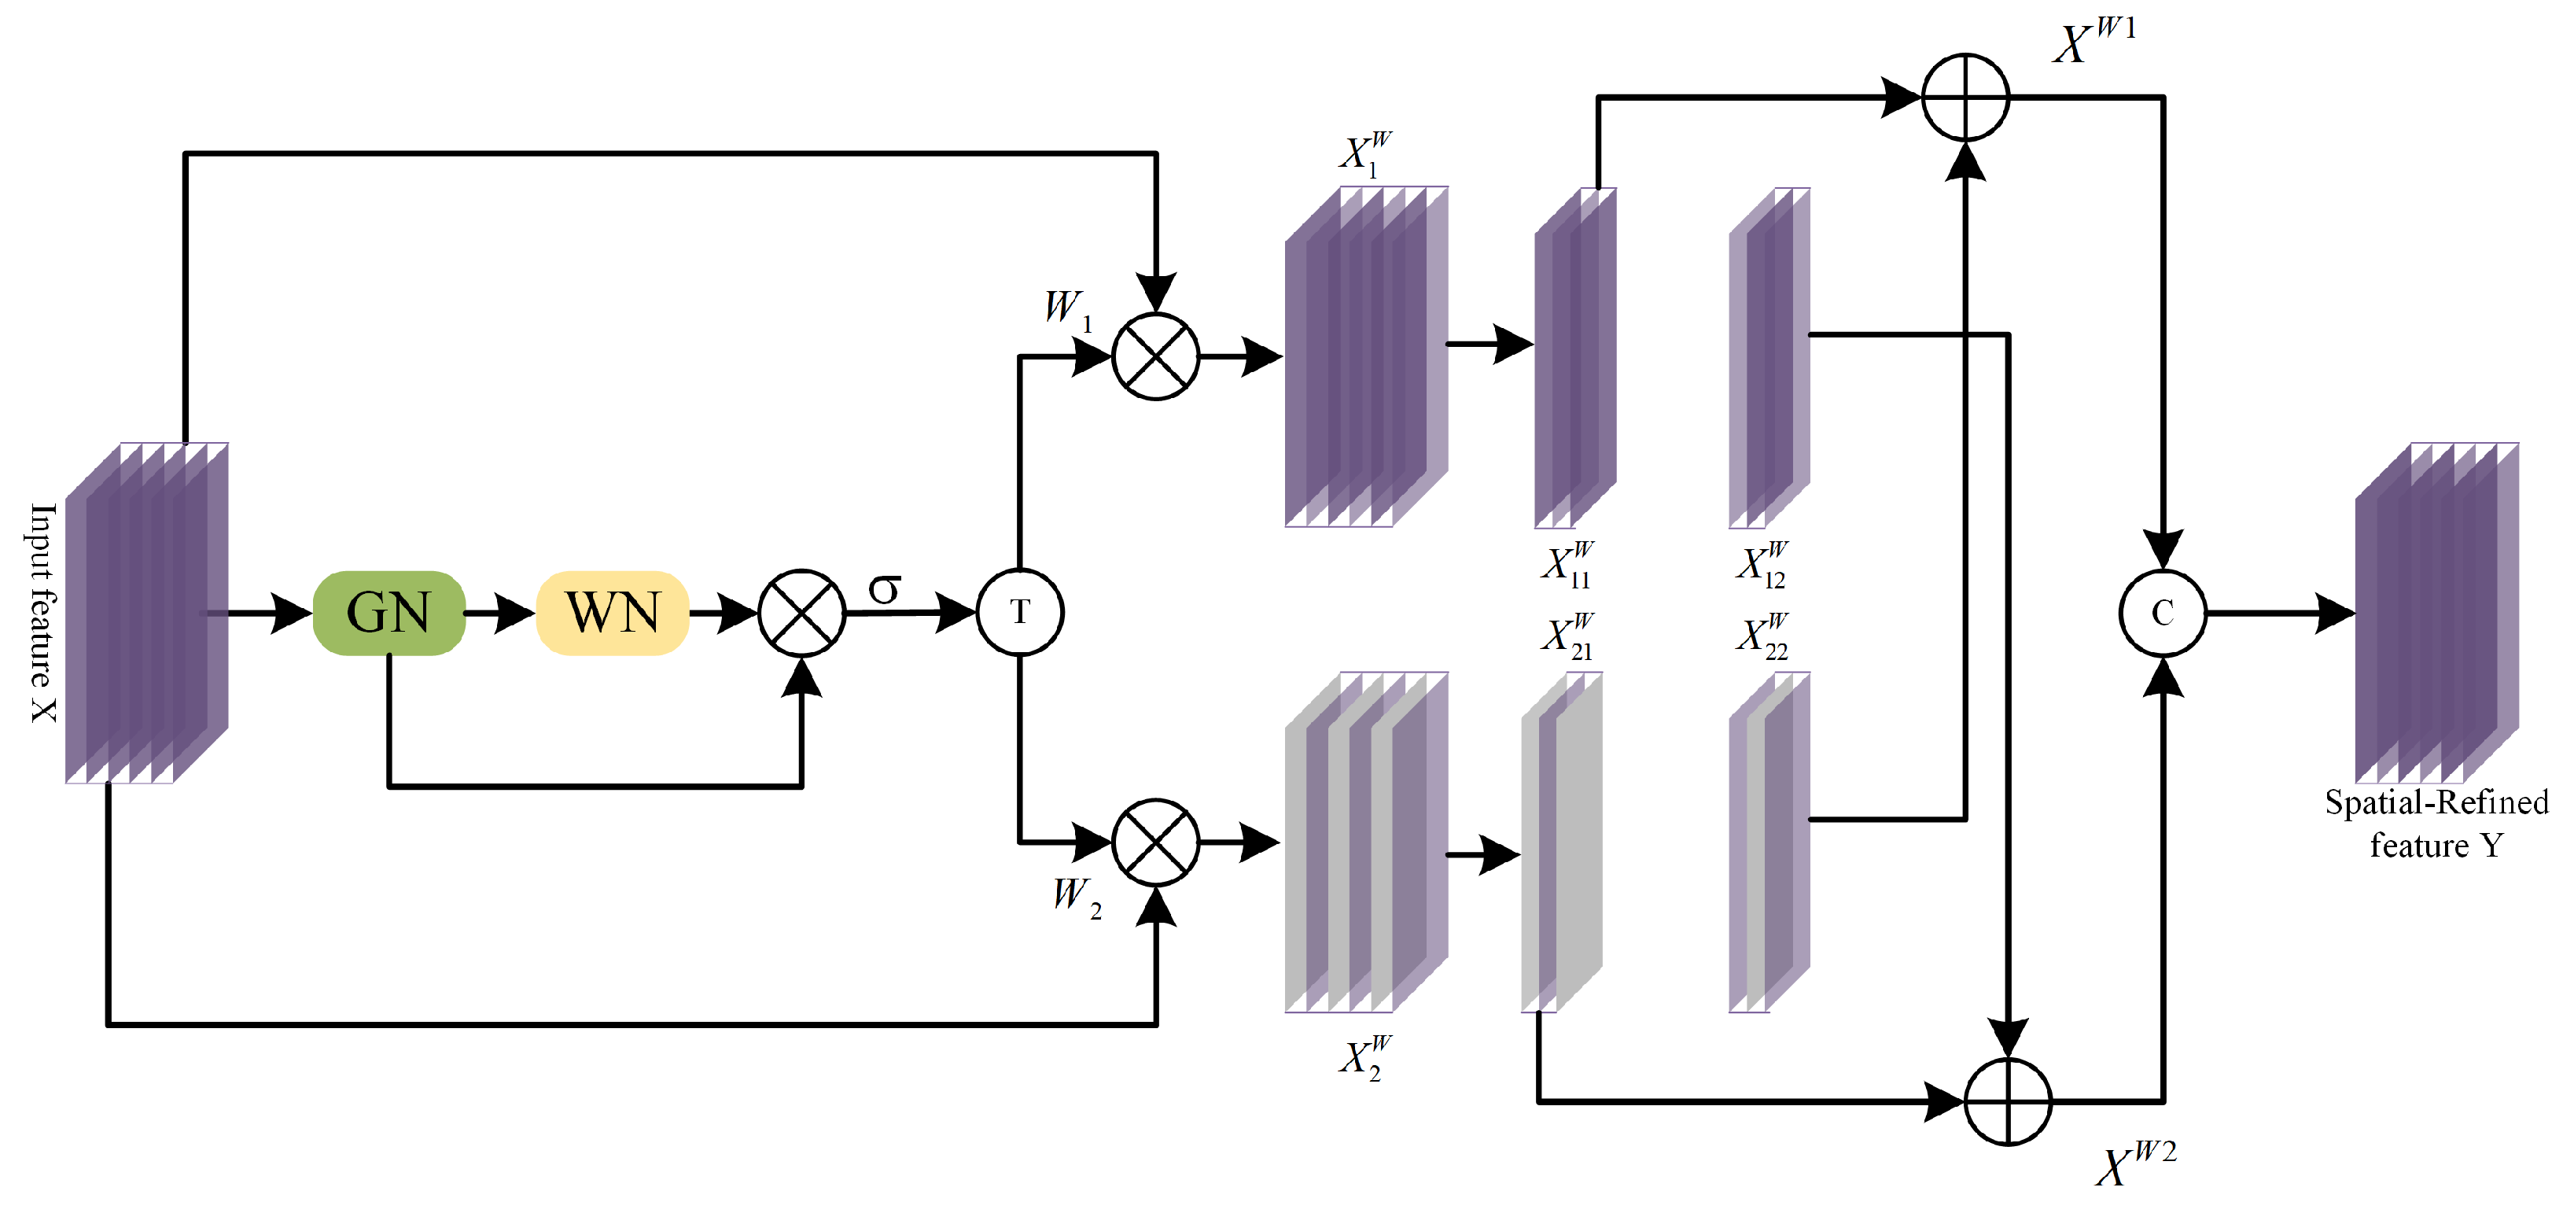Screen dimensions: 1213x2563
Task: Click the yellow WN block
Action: click(x=613, y=613)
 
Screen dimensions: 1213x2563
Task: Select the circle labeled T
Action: click(x=1020, y=612)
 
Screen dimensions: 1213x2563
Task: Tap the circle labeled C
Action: click(x=2162, y=613)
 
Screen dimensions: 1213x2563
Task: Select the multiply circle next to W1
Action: click(x=1155, y=356)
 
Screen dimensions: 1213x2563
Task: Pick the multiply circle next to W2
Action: click(x=1155, y=842)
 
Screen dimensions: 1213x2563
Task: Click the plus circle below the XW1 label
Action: click(x=1965, y=98)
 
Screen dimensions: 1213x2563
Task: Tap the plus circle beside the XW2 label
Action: click(x=2008, y=1101)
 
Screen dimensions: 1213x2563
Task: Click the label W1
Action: click(x=1067, y=308)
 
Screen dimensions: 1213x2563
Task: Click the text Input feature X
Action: click(x=42, y=612)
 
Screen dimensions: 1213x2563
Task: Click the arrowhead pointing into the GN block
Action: click(x=293, y=613)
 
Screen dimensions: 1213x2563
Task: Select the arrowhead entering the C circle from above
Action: click(x=2162, y=549)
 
